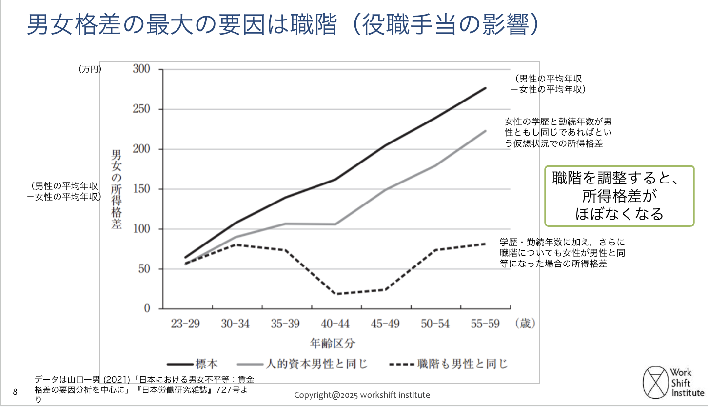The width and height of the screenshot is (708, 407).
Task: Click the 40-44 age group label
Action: coord(335,324)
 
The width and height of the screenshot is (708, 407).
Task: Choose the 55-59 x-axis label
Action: coord(486,324)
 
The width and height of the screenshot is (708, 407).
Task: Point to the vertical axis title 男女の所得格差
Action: coord(117,190)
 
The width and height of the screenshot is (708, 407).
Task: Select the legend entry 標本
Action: coord(193,365)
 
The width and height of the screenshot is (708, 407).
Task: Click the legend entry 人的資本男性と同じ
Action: coord(302,365)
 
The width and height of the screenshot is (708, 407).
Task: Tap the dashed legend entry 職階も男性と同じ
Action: coord(449,365)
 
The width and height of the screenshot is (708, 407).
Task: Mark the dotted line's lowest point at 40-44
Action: coord(336,294)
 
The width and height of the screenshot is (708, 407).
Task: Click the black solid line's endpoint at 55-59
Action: coord(486,88)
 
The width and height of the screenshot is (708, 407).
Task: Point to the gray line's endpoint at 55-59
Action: coord(486,131)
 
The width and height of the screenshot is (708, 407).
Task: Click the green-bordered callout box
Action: coord(619,196)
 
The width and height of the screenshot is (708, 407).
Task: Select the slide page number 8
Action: coord(15,392)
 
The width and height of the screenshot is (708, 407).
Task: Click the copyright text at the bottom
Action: coord(362,395)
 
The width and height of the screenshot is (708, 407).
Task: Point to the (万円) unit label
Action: coord(90,70)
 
